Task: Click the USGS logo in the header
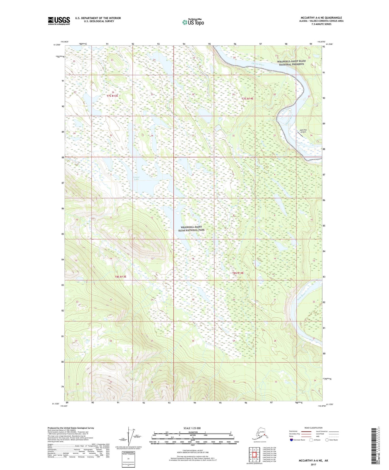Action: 59,21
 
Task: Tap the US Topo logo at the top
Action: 193,22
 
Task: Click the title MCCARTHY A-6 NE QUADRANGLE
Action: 321,18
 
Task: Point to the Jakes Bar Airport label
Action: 303,131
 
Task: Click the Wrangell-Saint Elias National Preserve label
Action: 291,63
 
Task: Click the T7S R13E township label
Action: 112,96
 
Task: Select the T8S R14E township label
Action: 238,273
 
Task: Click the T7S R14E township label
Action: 247,99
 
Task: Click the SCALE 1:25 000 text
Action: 192,428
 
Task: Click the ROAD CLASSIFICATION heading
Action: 313,428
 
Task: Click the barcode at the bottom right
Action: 373,450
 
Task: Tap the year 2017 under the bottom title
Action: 313,464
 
